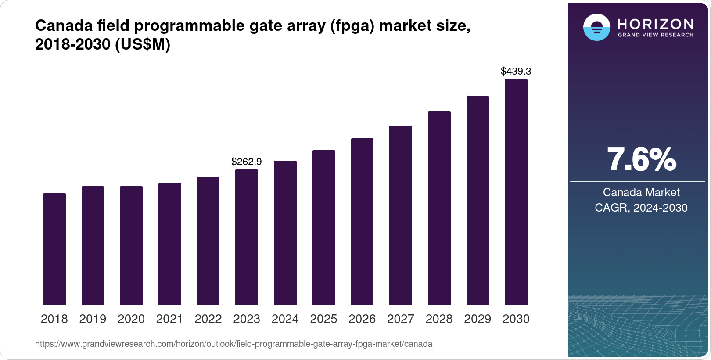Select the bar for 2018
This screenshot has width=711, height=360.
coord(54,249)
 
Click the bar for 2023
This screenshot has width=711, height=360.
coord(247,237)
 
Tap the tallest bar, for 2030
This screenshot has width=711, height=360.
coord(516,192)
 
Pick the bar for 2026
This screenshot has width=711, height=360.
coord(362,222)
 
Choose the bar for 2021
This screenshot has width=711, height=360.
coord(170,244)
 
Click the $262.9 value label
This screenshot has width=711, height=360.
coord(247,162)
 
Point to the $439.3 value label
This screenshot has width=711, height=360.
coord(516,71)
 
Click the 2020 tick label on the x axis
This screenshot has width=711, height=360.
coord(131,319)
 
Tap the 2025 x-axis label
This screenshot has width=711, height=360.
coord(323,319)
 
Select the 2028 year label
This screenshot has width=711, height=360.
coord(439,319)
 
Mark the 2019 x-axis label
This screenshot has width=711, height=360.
coord(93,319)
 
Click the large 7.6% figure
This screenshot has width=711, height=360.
coord(641,159)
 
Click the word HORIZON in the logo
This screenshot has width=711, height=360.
coord(655,24)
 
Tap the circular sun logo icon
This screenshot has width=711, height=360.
coord(596,27)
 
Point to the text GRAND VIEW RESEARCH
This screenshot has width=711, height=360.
coord(655,35)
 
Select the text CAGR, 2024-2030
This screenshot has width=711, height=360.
coord(641,208)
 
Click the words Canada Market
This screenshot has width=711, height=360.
coord(641,192)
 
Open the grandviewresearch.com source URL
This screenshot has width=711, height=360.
coord(233,344)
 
